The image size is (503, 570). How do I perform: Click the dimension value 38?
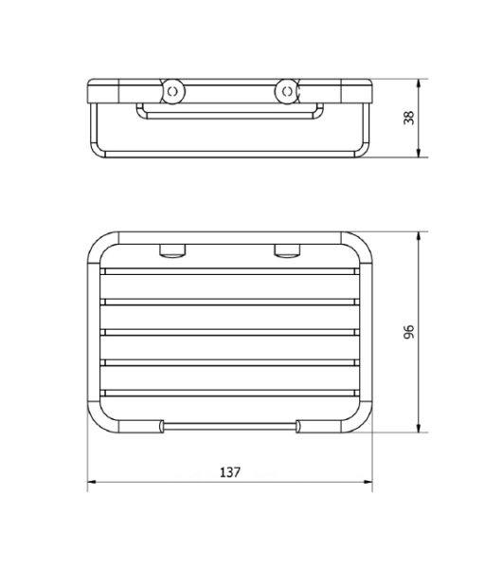point(408,118)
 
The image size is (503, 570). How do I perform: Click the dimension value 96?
point(408,332)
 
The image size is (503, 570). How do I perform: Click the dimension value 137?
point(230,472)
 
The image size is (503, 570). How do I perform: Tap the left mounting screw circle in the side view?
point(173,91)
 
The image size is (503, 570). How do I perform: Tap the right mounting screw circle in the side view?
point(287,91)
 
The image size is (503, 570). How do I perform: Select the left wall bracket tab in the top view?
point(172,251)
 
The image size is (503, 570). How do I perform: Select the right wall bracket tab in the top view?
point(287,251)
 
